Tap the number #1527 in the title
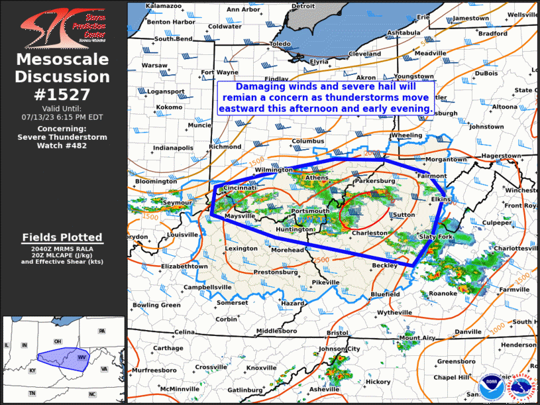(64, 94)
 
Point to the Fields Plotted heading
(62, 237)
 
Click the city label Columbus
(307, 141)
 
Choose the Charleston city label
(369, 233)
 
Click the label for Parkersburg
(375, 180)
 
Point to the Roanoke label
(443, 293)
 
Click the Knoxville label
(261, 368)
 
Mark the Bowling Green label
(156, 305)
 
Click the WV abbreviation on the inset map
(83, 357)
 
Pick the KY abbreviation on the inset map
(32, 371)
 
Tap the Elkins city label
(441, 199)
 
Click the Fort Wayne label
(219, 72)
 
